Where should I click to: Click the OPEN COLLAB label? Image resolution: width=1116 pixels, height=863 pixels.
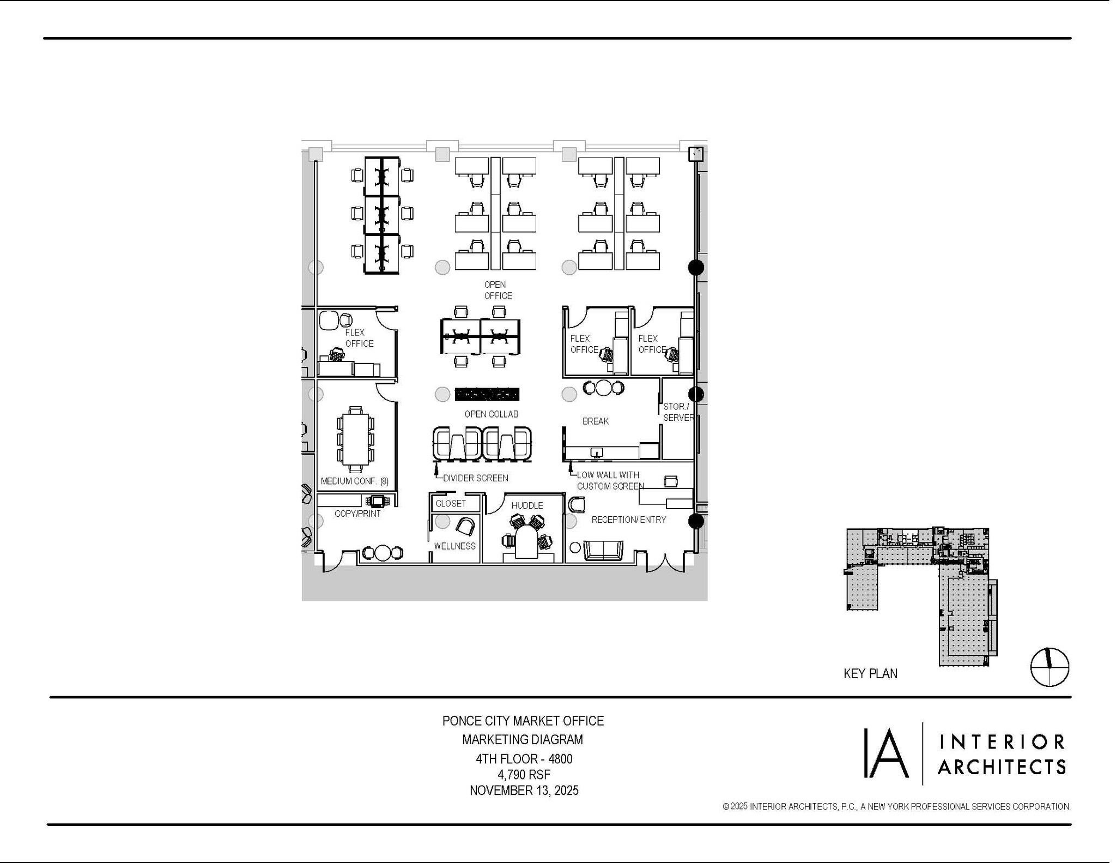(x=491, y=414)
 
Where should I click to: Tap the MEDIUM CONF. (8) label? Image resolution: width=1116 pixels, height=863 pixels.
(x=354, y=481)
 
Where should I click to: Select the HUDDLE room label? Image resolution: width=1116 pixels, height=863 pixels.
(x=527, y=505)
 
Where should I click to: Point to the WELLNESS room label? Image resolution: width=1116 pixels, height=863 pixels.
(x=454, y=546)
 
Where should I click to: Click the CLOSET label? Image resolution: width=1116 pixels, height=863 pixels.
(x=451, y=503)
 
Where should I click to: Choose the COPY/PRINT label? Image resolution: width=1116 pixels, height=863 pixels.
(x=357, y=514)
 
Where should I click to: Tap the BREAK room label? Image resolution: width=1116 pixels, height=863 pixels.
(x=595, y=421)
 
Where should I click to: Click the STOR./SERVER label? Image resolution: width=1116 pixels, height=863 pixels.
(x=677, y=412)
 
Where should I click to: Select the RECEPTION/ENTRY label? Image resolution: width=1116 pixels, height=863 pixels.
(x=629, y=520)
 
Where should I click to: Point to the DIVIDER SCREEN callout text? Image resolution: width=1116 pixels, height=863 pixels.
(x=475, y=478)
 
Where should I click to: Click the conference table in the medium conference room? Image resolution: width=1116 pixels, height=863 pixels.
(x=355, y=439)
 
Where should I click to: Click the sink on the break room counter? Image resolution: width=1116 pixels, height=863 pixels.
(x=597, y=452)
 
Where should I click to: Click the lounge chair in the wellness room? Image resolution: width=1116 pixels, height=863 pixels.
(x=465, y=526)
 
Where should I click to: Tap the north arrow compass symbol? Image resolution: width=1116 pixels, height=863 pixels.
(x=1050, y=667)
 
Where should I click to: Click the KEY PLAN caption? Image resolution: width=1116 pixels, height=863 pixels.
(x=870, y=674)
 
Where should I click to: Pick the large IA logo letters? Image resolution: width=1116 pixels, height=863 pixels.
(x=887, y=753)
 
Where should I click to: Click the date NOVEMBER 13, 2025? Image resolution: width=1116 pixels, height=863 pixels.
(x=524, y=790)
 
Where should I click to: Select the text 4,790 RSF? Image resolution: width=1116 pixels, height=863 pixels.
(x=524, y=775)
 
